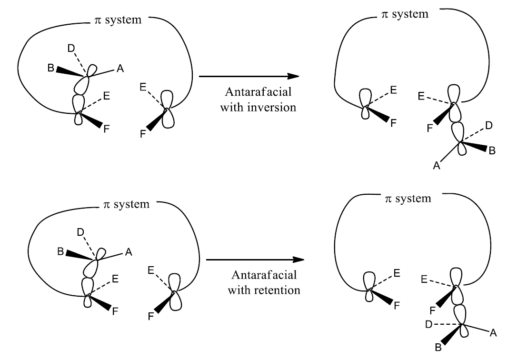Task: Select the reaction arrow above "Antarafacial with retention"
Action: (255, 260)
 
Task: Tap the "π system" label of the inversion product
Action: (404, 14)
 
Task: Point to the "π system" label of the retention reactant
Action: (126, 204)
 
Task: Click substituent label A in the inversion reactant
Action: (119, 70)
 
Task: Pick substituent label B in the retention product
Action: (437, 347)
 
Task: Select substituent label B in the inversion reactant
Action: (50, 68)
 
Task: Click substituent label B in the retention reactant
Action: (60, 251)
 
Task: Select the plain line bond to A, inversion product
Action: (450, 152)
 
